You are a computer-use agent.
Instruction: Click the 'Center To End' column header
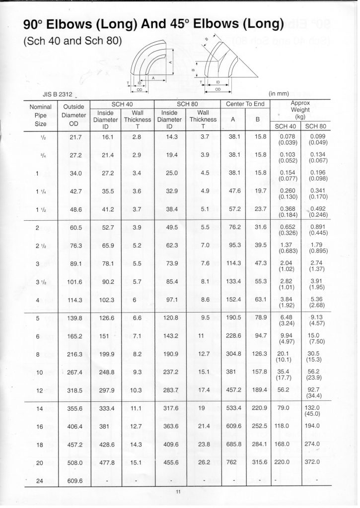coord(246,104)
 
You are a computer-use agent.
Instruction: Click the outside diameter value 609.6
coord(76,481)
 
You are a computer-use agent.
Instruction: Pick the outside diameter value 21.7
coord(76,137)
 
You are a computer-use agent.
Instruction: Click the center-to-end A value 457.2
coord(232,390)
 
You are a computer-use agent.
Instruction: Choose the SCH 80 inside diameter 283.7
coord(170,390)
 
